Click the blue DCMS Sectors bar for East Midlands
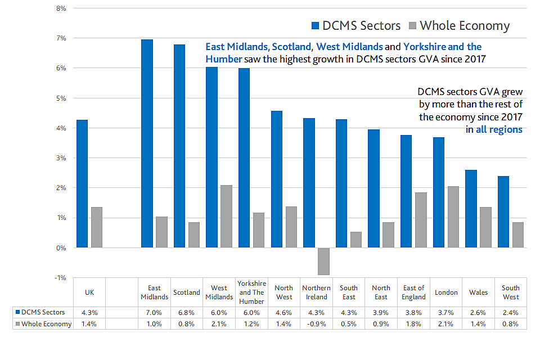coord(147,143)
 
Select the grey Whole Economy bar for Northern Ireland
coord(323,261)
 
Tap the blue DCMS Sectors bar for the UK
coord(82,183)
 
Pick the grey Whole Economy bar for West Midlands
coord(226,216)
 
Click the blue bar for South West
coord(503,211)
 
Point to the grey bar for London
coord(453,217)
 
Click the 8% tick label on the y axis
coord(60,8)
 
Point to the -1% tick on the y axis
coord(59,278)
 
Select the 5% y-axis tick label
coord(60,98)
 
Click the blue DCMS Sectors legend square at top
coord(314,25)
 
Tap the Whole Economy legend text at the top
coord(465,25)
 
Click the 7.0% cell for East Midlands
coord(154,312)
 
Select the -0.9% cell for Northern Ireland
coord(316,324)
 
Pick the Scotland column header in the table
coord(187,292)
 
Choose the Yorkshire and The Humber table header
coord(251,292)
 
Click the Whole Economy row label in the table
coord(47,324)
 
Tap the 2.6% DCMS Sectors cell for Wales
coord(478,312)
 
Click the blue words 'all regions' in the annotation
coord(499,129)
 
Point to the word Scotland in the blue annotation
coord(291,47)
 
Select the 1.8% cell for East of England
coord(413,324)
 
